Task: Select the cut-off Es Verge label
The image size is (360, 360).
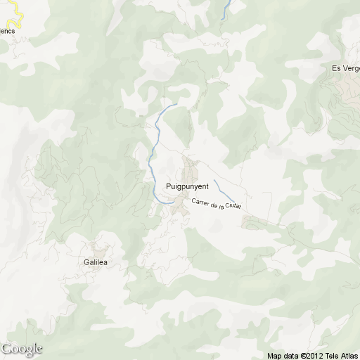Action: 345,68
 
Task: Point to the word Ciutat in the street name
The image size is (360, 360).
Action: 233,206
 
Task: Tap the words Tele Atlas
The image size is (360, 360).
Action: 342,356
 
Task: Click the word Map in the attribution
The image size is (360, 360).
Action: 274,356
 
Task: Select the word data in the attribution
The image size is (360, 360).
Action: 290,356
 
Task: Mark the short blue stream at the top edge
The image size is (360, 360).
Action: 226,8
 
